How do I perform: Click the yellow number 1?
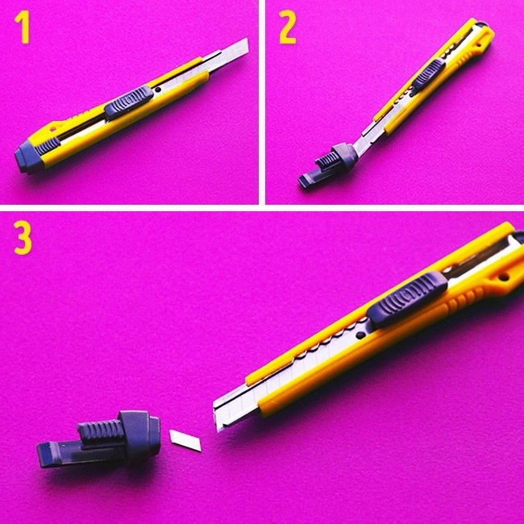tap(23, 27)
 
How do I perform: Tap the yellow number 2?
tap(288, 27)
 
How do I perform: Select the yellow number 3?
tap(23, 238)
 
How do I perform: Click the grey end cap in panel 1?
tap(29, 157)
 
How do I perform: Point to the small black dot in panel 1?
tap(158, 89)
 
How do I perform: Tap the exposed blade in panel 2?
tap(366, 139)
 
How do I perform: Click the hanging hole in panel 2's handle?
tap(479, 44)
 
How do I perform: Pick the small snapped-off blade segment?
tap(185, 441)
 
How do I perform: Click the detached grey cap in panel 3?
tap(99, 438)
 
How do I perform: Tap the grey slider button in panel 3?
tap(407, 299)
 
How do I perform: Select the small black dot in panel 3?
tap(360, 335)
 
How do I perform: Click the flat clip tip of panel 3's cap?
tap(45, 455)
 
